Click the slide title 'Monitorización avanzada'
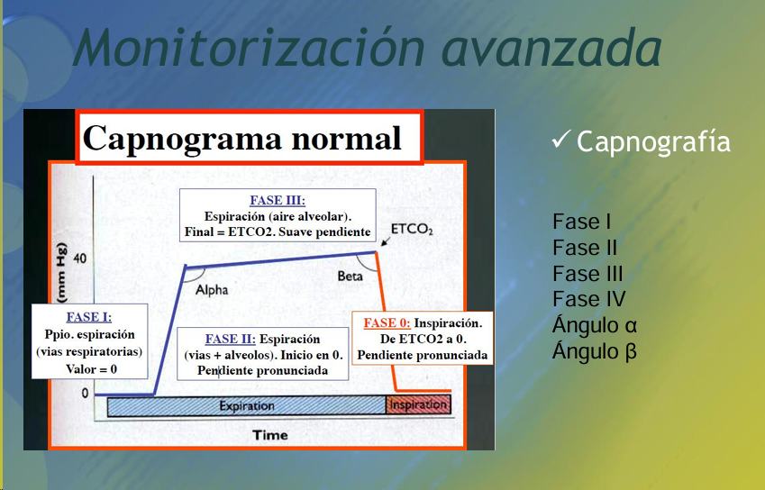368,48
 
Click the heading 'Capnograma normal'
242,139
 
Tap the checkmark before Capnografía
561,140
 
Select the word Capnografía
653,142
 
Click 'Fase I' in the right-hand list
581,222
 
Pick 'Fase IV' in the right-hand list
589,299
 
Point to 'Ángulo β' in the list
595,350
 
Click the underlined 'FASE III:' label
278,200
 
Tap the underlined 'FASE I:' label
89,317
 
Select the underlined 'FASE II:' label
231,339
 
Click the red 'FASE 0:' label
387,323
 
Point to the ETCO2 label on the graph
413,229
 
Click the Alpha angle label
212,290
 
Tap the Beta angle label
351,277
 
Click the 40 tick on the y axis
80,258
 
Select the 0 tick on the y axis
85,394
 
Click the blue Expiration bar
246,406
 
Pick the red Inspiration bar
419,405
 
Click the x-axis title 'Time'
270,435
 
